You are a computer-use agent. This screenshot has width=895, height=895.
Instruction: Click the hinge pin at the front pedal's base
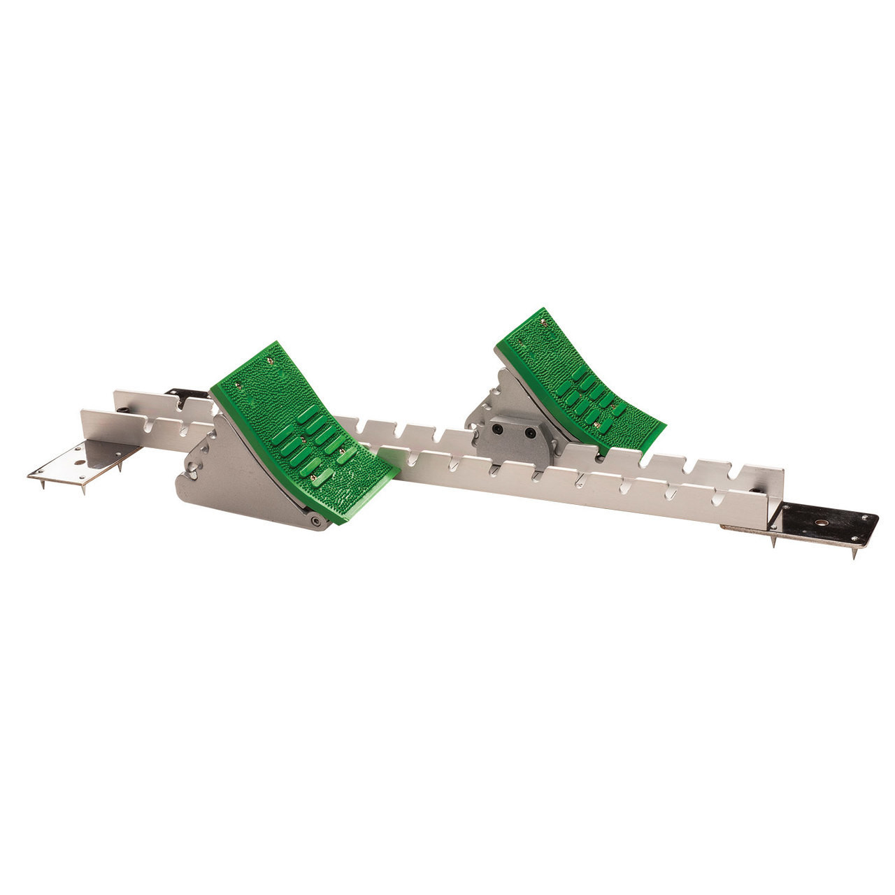[x=317, y=522]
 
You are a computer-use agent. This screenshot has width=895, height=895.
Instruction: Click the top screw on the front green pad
[x=268, y=361]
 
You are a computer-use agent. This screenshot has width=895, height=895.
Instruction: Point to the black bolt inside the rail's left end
[x=122, y=410]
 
